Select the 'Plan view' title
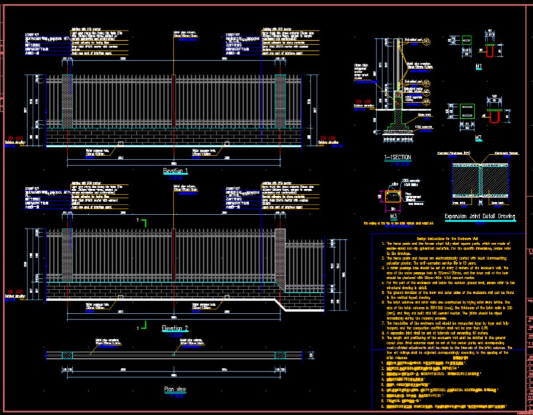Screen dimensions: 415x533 point(175,390)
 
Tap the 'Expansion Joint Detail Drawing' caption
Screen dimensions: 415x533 point(480,216)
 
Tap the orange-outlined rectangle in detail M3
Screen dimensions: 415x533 point(391,196)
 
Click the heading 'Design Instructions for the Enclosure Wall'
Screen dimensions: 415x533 point(450,237)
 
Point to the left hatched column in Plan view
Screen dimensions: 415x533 point(67,354)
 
